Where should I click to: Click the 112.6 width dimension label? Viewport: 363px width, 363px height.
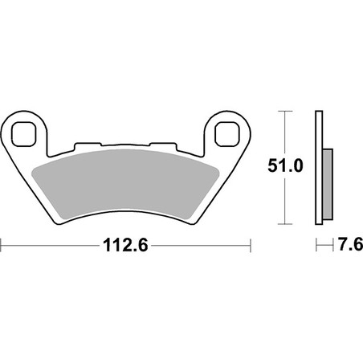(x=125, y=245)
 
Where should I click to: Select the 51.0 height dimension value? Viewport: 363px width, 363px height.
(x=285, y=166)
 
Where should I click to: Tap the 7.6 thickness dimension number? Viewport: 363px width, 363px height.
(x=350, y=244)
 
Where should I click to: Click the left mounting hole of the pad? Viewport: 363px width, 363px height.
(x=24, y=134)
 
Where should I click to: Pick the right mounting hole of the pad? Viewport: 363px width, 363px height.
(x=227, y=134)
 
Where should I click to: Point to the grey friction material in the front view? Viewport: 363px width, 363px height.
(x=125, y=183)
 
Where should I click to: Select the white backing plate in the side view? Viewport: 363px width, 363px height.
(x=319, y=168)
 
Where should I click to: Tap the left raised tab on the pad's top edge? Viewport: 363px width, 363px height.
(x=88, y=146)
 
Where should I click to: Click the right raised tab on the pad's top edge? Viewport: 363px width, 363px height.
(x=163, y=146)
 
